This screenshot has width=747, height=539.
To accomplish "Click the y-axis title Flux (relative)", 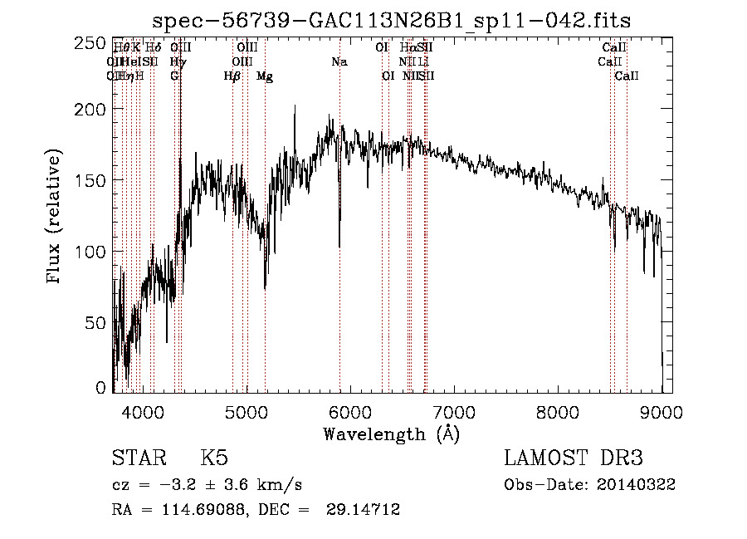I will pos(56,218).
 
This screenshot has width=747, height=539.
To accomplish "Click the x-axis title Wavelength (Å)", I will pos(391,434).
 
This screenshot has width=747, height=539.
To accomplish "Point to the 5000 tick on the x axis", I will pos(246,409).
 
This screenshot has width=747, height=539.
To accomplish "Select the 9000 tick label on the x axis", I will pos(662,409).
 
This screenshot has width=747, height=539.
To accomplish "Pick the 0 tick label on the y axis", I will pos(101,388).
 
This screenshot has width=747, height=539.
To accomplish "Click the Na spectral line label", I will pos(339,61).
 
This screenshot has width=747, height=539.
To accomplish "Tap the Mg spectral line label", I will pos(265,76).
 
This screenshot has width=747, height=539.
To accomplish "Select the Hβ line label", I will pos(232,76).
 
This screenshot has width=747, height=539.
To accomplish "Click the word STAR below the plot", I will pos(139,458).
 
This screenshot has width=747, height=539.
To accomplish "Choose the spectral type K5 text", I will pos(214,458).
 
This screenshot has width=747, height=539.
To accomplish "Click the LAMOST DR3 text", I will pos(574,458).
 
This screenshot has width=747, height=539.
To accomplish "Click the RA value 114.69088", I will pos(188,510).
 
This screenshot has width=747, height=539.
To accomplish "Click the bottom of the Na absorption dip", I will pos(339,247).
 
